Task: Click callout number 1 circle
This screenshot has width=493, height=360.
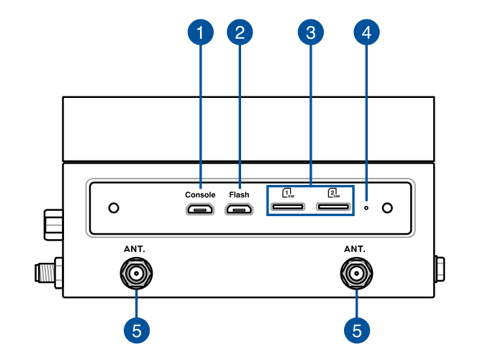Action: pos(201,32)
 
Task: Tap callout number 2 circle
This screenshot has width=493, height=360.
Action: pos(240,32)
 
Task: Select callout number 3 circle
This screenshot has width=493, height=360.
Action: pos(311,32)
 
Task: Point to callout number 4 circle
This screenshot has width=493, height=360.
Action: pos(366,32)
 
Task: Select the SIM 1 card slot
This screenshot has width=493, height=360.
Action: pos(288,209)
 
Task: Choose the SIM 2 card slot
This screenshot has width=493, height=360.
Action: pos(333,209)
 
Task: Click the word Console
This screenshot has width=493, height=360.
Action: pos(200,195)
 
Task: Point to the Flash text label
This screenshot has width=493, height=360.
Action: pos(239,195)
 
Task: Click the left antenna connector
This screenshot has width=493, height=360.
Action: pos(136,274)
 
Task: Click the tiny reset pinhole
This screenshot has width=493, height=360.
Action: pos(366,208)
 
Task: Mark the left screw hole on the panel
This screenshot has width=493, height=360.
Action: pos(113,208)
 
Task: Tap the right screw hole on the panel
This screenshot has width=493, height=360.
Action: pos(387,208)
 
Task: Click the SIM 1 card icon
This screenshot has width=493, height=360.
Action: pos(288,193)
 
